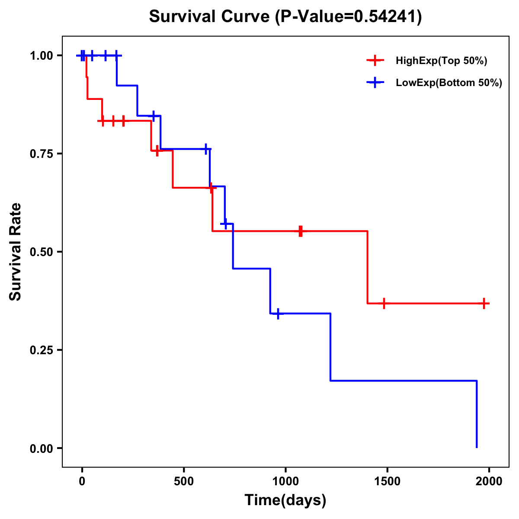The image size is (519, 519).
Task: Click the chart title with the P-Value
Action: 285,17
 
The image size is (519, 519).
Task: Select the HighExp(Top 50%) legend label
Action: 441,61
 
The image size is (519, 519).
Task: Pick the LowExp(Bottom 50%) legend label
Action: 449,83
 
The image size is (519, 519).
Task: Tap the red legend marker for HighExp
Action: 375,61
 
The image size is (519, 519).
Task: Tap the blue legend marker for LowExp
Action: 375,83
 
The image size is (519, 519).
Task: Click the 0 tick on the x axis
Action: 82,481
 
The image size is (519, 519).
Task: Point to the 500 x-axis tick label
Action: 184,481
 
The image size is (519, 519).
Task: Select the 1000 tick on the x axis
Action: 285,481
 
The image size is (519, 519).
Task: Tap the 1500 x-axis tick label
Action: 387,481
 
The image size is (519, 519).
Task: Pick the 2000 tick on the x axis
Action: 489,481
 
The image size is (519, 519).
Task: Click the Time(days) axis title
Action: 285,500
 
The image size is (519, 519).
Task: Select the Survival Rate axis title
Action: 16,252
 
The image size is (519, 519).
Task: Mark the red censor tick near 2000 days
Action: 484,303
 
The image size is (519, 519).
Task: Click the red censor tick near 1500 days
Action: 384,303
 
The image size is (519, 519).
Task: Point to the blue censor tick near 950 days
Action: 278,314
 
